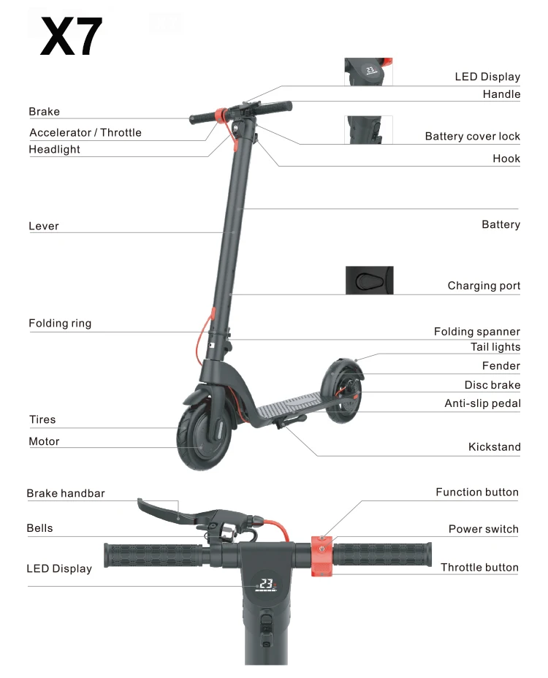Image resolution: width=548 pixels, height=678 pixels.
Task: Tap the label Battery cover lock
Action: click(x=472, y=137)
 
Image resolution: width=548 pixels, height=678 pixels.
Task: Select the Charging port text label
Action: click(x=484, y=286)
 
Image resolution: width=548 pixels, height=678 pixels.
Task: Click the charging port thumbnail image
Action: click(x=369, y=281)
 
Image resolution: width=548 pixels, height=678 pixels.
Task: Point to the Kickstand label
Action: click(x=494, y=447)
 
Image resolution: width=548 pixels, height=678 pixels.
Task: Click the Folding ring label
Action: click(x=60, y=323)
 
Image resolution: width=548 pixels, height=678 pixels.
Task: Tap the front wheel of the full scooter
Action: click(x=204, y=436)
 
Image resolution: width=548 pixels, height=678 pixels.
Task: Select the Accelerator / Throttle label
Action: click(x=85, y=132)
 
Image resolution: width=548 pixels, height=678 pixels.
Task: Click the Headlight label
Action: click(x=54, y=149)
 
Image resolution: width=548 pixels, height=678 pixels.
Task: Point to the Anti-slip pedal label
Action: click(x=482, y=403)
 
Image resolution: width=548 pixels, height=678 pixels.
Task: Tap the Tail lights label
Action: click(x=495, y=347)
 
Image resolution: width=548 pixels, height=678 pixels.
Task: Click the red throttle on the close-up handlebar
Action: click(x=321, y=556)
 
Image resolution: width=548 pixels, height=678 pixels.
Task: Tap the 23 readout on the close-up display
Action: click(x=267, y=584)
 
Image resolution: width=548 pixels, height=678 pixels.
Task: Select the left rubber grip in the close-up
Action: click(x=152, y=556)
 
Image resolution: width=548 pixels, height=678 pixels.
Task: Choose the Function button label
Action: click(x=477, y=492)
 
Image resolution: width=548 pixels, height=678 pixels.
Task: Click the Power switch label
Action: click(x=483, y=529)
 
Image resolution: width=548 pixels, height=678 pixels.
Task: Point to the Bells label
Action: click(x=39, y=528)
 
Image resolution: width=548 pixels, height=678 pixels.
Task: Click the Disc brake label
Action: click(x=492, y=385)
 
